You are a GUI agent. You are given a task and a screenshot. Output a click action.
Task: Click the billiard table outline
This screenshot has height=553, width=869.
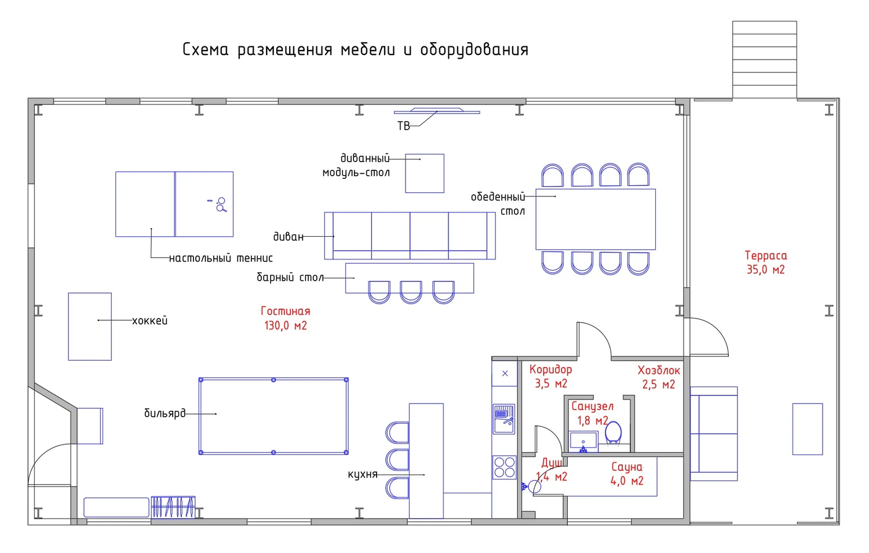coord(273,416)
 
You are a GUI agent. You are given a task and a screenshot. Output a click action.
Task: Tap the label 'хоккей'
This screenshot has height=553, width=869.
coord(149,321)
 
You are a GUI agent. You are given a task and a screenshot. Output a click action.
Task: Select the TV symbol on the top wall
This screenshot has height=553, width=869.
coord(437,111)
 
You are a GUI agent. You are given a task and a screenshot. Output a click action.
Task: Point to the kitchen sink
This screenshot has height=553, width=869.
coord(504,419)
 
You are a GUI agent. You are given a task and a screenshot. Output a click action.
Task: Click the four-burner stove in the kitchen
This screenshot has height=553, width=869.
coord(504,467)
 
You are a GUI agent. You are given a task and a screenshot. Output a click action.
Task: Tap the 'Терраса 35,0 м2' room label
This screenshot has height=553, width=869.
coord(765,262)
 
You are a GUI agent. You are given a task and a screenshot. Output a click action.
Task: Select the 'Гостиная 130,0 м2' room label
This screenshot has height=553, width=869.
coord(286,318)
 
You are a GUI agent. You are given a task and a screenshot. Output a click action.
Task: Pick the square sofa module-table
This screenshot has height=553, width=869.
coord(425,173)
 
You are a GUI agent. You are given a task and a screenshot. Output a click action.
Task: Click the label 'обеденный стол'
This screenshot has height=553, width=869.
coord(498,204)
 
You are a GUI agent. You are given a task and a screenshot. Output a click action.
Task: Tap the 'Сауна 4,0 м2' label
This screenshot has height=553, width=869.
coord(627,474)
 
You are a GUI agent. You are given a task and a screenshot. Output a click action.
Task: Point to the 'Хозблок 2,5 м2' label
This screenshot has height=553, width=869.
coord(659,377)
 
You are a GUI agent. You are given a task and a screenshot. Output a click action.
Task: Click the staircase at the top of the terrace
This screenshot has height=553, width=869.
coord(764,60)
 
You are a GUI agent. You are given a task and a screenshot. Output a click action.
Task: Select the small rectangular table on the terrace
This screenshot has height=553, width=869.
coord(808,429)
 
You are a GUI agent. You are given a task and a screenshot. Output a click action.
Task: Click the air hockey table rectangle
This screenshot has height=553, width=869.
coord(90,327)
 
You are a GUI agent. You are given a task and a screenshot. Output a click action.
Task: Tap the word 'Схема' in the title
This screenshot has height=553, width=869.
coord(206,50)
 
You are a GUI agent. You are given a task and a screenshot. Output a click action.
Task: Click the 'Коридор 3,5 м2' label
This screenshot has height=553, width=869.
coord(550,376)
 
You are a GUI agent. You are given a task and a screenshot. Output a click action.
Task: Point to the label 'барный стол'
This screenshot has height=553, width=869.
coord(290,278)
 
